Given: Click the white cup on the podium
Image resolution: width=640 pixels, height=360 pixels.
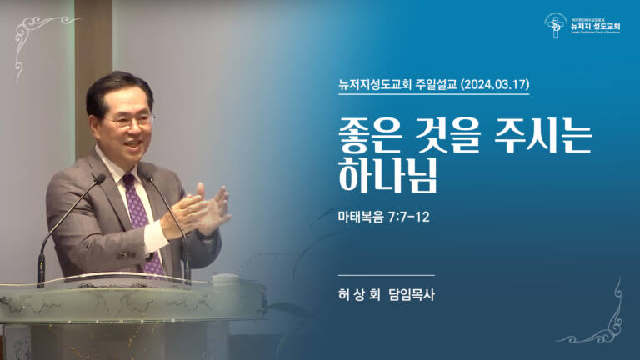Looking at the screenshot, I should tap(225, 279).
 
